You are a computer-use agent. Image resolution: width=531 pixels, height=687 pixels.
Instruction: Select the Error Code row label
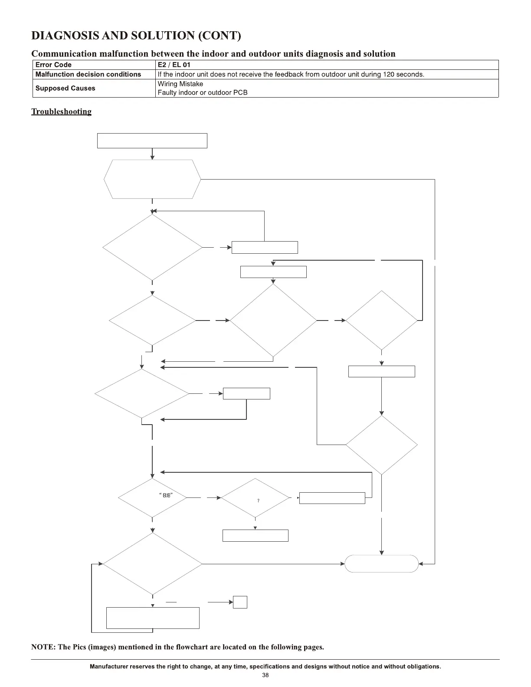pyautogui.click(x=53, y=65)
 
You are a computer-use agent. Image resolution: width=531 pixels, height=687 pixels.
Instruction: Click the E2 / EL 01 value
pyautogui.click(x=174, y=65)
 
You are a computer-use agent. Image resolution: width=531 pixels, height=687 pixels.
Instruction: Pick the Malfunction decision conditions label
pyautogui.click(x=88, y=74)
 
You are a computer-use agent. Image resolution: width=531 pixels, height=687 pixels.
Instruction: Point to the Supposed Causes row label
pyautogui.click(x=65, y=88)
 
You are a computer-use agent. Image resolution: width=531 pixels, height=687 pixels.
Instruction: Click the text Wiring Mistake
pyautogui.click(x=180, y=84)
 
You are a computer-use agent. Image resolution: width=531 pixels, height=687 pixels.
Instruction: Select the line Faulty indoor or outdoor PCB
pyautogui.click(x=202, y=92)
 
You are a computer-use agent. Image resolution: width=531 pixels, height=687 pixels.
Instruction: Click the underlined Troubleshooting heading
pyautogui.click(x=61, y=111)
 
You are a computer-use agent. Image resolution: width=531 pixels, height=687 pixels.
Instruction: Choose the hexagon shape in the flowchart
pyautogui.click(x=152, y=179)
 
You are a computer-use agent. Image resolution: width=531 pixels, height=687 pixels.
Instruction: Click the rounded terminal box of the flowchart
pyautogui.click(x=381, y=563)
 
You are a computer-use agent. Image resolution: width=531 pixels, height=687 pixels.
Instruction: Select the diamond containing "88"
pyautogui.click(x=152, y=498)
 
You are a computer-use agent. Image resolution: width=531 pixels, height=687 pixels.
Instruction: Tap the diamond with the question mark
pyautogui.click(x=255, y=498)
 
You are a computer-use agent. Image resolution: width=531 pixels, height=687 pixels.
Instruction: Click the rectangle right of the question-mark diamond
pyautogui.click(x=332, y=498)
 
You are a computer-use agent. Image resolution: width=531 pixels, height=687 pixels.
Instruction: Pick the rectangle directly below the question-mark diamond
pyautogui.click(x=255, y=535)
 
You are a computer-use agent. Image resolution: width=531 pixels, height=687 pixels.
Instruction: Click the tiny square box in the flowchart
pyautogui.click(x=240, y=602)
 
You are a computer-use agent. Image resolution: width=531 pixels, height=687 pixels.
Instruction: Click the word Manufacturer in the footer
pyautogui.click(x=108, y=667)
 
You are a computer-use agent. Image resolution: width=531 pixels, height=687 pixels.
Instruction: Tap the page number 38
pyautogui.click(x=265, y=675)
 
